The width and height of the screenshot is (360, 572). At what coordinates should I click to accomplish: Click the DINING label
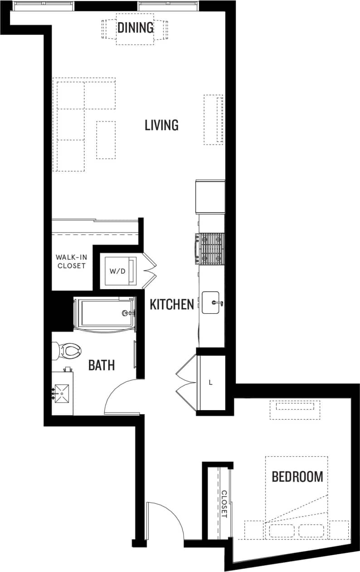tap(136, 28)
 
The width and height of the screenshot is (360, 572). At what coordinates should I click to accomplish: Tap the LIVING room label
tap(161, 125)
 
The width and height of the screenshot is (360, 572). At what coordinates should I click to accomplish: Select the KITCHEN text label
tap(172, 305)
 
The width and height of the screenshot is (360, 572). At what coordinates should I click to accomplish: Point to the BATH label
tap(101, 365)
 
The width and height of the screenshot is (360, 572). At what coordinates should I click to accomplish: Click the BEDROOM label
tap(297, 477)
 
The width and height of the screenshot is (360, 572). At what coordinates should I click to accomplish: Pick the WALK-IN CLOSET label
tap(71, 262)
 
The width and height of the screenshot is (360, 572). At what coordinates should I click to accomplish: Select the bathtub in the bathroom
tap(105, 313)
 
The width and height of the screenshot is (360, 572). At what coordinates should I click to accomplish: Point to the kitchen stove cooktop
tap(210, 249)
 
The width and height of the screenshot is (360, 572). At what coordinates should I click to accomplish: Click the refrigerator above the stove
tap(210, 197)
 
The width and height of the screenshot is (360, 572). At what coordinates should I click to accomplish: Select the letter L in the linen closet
tap(210, 383)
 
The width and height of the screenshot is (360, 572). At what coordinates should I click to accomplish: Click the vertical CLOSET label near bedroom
tap(224, 504)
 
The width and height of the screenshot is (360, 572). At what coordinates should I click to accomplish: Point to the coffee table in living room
tap(106, 140)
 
